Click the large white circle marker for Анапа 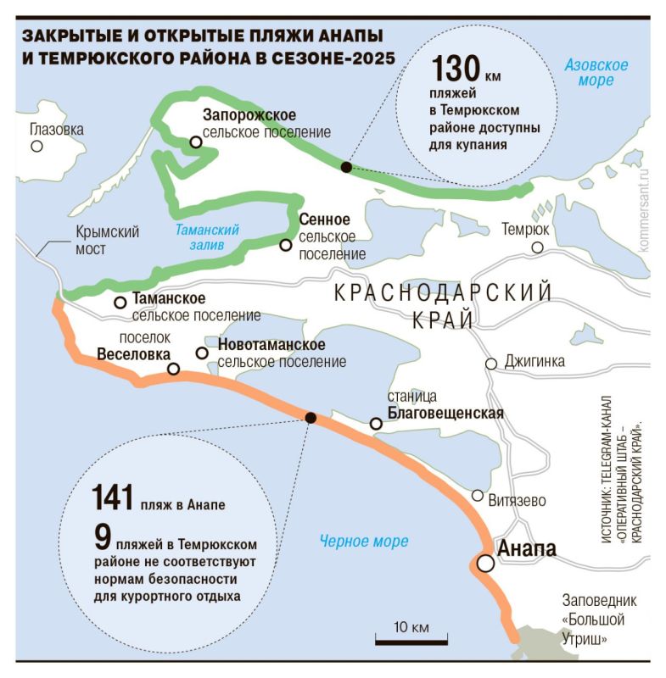pos(484,563)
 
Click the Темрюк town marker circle pos(536,247)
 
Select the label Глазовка pos(57,130)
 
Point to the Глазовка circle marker pos(36,146)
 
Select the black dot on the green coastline pos(345,167)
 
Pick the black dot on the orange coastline pos(311,417)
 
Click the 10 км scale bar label pos(410,627)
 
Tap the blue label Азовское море pos(596,73)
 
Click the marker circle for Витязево pos(478,496)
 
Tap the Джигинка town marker pos(490,364)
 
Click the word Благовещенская pos(445,414)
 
